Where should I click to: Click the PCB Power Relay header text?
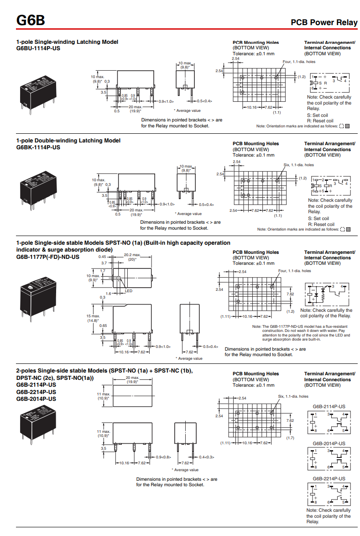[324, 22]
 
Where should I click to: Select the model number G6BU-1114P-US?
[38, 48]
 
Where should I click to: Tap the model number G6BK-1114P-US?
[38, 147]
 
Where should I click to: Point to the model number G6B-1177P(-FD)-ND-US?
[47, 257]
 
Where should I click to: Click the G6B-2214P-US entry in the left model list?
[36, 392]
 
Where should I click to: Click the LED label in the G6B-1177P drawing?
[128, 291]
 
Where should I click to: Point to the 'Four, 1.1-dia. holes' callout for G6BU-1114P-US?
[299, 62]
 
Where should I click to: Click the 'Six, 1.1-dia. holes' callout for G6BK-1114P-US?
[298, 165]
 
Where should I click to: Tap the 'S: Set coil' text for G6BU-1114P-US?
[318, 115]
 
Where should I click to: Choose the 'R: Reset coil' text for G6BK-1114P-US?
[321, 224]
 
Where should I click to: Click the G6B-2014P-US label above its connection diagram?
[329, 443]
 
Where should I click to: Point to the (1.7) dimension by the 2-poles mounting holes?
[290, 438]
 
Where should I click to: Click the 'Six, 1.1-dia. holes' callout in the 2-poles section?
[293, 396]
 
